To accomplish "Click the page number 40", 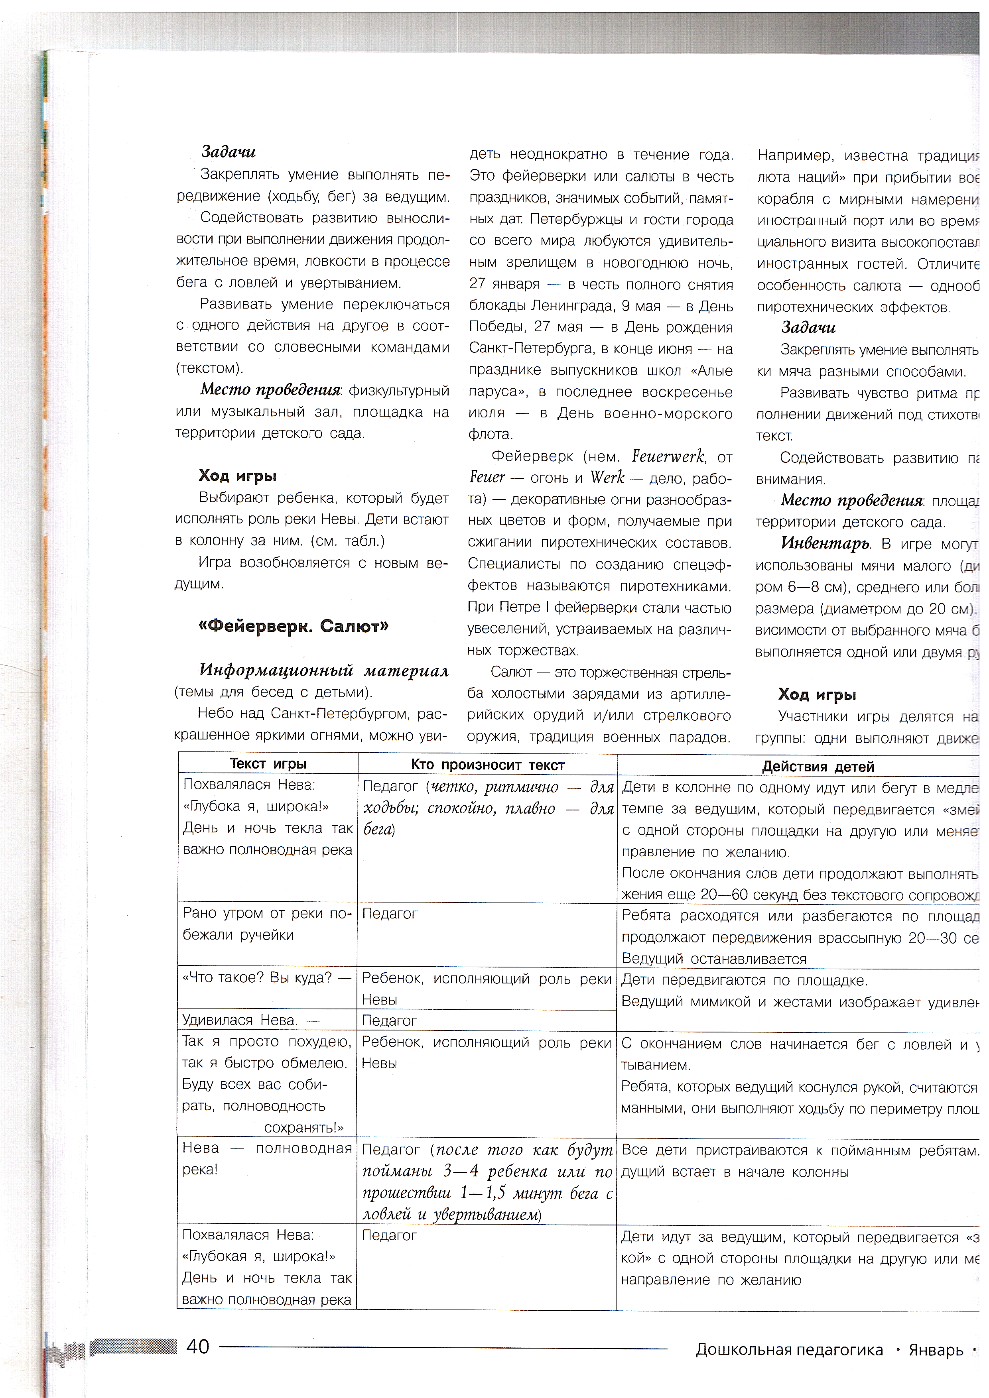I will (198, 1346).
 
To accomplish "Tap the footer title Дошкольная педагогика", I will (789, 1350).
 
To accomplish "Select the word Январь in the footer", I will (936, 1350).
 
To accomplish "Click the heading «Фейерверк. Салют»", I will (294, 626).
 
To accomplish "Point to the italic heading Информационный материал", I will (324, 670).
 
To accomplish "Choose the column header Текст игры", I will (268, 763).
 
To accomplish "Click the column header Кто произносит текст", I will (487, 765).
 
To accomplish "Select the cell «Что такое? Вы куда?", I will (266, 978).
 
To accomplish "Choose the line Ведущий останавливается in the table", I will (714, 959).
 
